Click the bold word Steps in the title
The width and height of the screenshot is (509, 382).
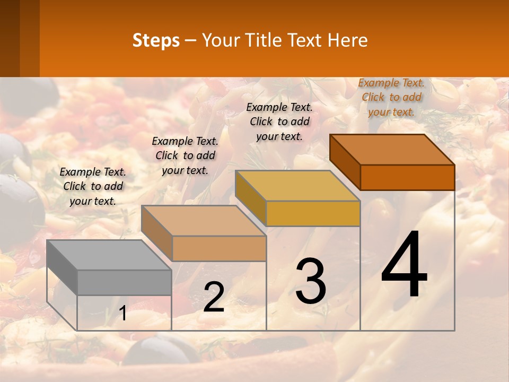(156, 40)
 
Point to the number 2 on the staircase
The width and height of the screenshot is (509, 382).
(214, 297)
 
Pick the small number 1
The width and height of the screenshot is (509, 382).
(122, 314)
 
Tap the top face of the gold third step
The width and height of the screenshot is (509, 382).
(297, 186)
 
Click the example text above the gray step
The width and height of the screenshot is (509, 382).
(93, 186)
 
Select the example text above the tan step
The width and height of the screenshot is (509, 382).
(185, 155)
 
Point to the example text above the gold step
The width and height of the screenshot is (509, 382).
(279, 121)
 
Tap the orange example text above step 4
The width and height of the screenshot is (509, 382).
(391, 97)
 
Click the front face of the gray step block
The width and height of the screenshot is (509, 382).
(124, 282)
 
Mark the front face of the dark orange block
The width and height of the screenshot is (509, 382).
(407, 177)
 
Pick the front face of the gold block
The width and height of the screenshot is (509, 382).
(313, 213)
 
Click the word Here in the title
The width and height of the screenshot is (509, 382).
(348, 40)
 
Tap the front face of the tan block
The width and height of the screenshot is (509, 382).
(219, 248)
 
